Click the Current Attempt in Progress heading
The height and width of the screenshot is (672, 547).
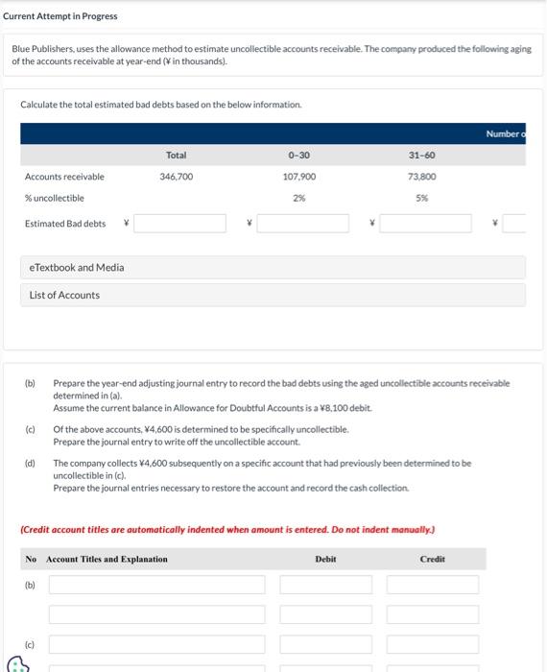point(59,16)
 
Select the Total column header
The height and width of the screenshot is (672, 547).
point(176,155)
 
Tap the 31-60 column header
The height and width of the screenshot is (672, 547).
point(421,155)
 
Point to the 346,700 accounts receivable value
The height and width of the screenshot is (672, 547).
point(176,177)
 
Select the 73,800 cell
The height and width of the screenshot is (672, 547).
point(422,177)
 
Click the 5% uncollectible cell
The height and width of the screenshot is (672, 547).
point(422,198)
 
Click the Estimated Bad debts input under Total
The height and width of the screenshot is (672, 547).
point(179,224)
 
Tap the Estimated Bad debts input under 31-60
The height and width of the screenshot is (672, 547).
point(425,224)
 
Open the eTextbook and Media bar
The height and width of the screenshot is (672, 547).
point(273,267)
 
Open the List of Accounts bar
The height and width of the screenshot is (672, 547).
point(273,295)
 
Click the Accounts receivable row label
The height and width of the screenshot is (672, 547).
point(64,177)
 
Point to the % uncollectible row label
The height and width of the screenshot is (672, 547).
point(55,198)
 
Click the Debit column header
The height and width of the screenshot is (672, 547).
point(325,559)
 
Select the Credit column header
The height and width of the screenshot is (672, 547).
point(432,559)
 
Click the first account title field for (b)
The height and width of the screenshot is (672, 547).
point(156,585)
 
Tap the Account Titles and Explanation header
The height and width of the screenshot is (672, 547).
point(107,559)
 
